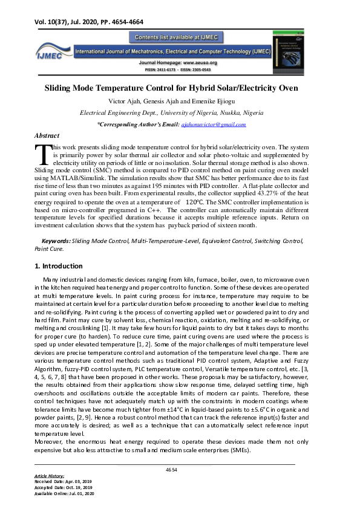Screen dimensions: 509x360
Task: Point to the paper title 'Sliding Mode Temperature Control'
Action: pyautogui.click(x=171, y=88)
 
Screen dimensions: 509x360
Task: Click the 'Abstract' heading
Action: pyautogui.click(x=47, y=137)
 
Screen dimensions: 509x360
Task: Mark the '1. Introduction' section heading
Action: pyautogui.click(x=59, y=266)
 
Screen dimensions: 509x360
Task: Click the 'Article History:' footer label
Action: pyautogui.click(x=50, y=476)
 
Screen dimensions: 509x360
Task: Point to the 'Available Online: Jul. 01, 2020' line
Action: pyautogui.click(x=65, y=494)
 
